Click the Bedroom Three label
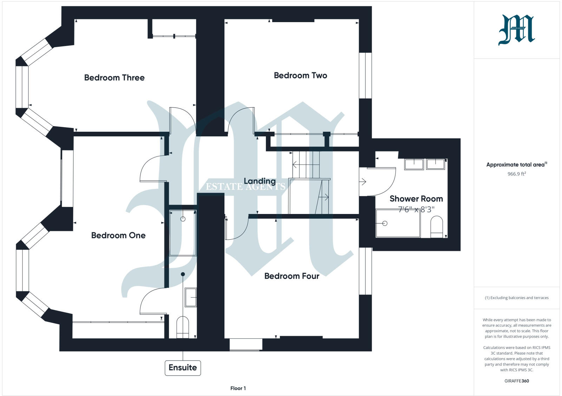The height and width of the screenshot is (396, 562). tap(114, 78)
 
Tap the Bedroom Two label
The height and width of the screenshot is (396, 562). tap(300, 76)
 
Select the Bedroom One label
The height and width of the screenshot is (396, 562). tap(118, 235)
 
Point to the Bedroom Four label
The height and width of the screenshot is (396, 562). tap(292, 276)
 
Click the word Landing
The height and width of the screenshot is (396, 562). tap(260, 181)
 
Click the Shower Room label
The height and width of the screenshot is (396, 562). tap(416, 199)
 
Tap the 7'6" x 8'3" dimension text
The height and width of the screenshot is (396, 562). tap(416, 210)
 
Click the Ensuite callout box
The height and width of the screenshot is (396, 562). tap(183, 368)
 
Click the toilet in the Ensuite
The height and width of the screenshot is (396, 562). tap(182, 327)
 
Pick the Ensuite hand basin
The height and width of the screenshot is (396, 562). tap(191, 297)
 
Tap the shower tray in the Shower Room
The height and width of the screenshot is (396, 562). tap(398, 223)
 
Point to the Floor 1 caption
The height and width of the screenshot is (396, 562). tap(238, 388)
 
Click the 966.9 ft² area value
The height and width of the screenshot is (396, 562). tap(516, 174)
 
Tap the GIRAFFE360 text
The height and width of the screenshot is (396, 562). tap(516, 381)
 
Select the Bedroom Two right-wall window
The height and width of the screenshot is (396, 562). tap(365, 76)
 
